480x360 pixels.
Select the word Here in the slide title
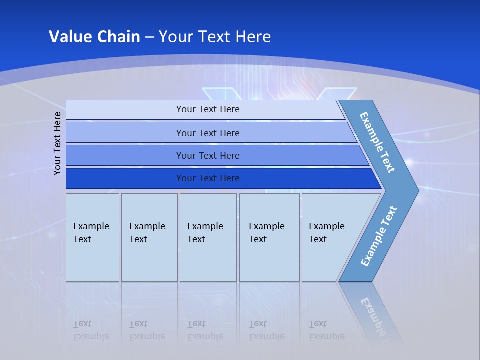[x=253, y=37]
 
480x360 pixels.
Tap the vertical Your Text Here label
[x=58, y=144]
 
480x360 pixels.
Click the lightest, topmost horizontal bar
[x=125, y=110]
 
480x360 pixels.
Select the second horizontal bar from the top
[x=125, y=133]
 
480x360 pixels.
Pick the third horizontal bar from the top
[x=125, y=155]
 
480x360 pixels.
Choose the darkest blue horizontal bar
[x=125, y=178]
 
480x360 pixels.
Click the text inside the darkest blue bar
[x=208, y=178]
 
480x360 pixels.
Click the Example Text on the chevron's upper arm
[x=377, y=142]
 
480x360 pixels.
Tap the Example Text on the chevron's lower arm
[x=379, y=236]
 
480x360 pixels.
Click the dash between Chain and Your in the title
[x=149, y=37]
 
